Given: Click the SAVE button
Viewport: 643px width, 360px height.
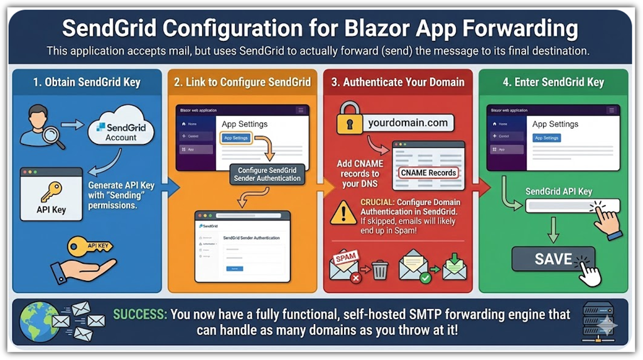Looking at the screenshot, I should [x=553, y=258].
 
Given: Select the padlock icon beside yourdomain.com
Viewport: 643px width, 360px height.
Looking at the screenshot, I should [x=349, y=117].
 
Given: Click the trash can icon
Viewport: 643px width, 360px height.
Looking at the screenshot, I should [x=380, y=270].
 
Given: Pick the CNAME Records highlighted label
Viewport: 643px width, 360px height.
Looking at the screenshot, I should [x=428, y=172].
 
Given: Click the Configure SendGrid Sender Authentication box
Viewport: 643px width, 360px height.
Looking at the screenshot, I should [x=267, y=174].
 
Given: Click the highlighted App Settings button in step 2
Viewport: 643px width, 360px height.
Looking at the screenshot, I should [x=236, y=138].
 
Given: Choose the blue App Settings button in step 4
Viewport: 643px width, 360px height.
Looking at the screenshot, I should [x=546, y=138].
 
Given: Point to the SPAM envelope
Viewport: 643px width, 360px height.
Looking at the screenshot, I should [x=346, y=265].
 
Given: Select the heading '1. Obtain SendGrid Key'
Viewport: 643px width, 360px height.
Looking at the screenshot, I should [x=87, y=82].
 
